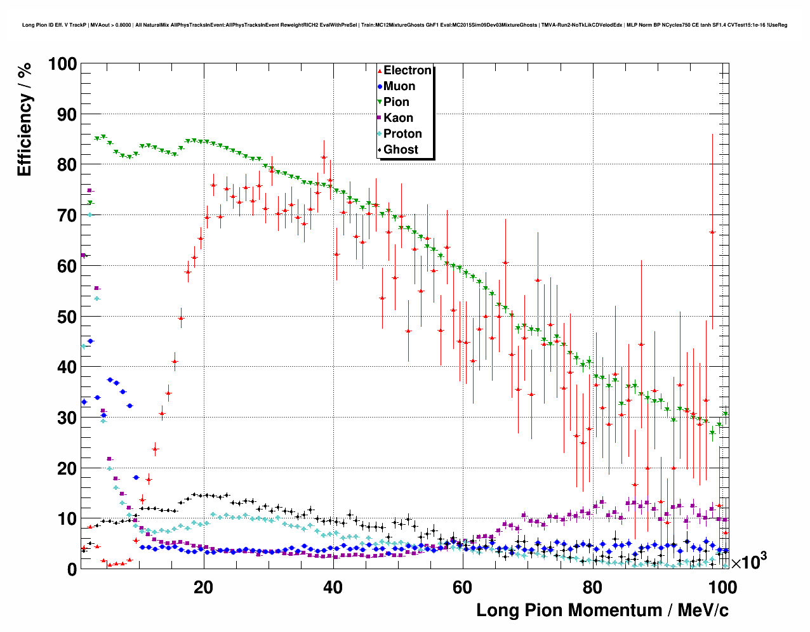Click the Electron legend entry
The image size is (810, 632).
tap(407, 70)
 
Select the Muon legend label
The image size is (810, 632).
tap(399, 86)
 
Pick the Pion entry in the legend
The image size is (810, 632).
tap(396, 102)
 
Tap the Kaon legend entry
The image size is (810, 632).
tap(398, 118)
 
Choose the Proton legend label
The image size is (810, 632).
tap(402, 134)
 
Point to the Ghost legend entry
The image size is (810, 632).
tap(401, 150)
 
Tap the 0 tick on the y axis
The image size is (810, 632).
tap(72, 570)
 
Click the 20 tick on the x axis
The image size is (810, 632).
tap(203, 587)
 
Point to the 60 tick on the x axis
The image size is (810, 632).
tap(462, 587)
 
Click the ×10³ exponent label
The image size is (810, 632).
tap(748, 562)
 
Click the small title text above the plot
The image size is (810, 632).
tap(404, 25)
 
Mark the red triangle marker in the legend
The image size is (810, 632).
tap(380, 70)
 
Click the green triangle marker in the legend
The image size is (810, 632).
tap(380, 102)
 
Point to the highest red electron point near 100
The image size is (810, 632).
tap(712, 232)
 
